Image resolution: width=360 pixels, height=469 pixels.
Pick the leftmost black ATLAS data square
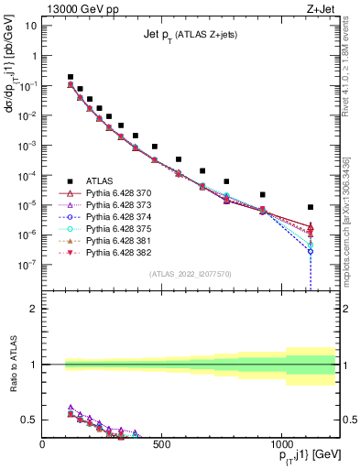pyautogui.click(x=71, y=77)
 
